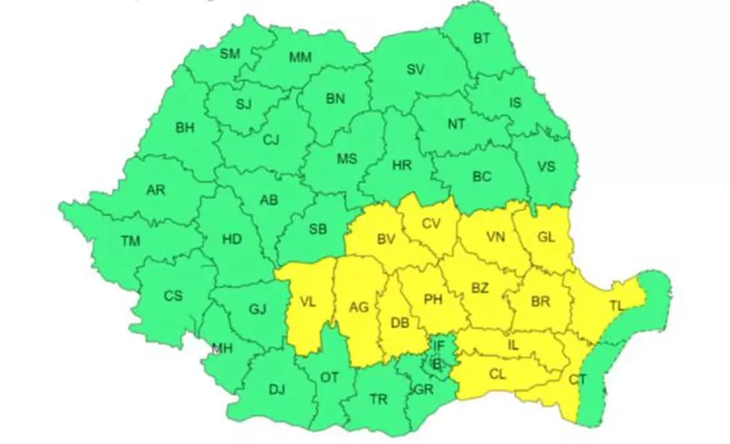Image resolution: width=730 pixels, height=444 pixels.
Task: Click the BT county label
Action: pyautogui.click(x=482, y=39)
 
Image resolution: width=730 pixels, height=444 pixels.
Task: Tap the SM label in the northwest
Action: pyautogui.click(x=230, y=54)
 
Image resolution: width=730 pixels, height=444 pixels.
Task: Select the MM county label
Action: pyautogui.click(x=300, y=58)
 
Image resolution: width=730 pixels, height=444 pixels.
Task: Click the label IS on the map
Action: pyautogui.click(x=518, y=103)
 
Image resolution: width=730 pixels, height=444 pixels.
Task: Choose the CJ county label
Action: pyautogui.click(x=270, y=140)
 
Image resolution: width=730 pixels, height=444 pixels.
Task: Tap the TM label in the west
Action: pyautogui.click(x=130, y=241)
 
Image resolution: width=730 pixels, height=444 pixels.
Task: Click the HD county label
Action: pyautogui.click(x=232, y=240)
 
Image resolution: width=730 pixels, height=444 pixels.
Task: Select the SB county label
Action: pyautogui.click(x=317, y=230)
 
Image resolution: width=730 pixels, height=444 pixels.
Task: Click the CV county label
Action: pyautogui.click(x=430, y=224)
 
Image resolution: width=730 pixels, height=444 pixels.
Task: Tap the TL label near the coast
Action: pyautogui.click(x=617, y=305)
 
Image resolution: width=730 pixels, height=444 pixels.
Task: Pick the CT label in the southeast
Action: pyautogui.click(x=577, y=380)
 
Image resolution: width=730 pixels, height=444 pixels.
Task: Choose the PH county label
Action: pyautogui.click(x=433, y=299)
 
